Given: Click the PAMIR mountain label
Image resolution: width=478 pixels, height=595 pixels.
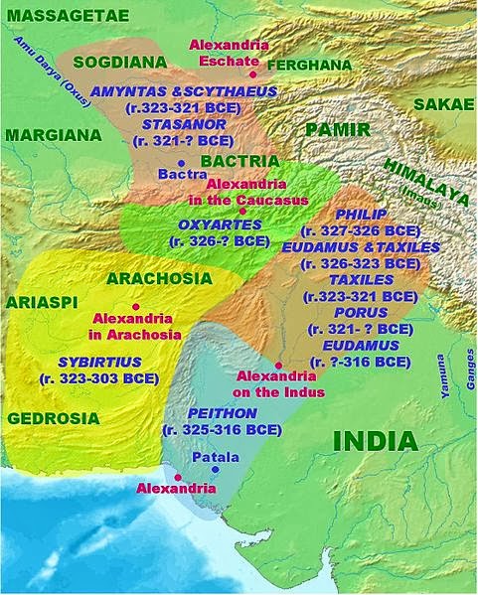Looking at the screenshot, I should point(337,130).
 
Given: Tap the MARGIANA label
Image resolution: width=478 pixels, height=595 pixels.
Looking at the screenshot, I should point(51,133).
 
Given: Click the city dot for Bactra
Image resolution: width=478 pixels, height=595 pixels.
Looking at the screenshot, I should point(182,161).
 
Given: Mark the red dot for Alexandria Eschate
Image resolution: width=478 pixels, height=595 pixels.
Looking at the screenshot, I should point(253,74).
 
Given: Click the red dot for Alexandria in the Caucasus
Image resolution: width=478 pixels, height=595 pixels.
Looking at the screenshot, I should point(241,211).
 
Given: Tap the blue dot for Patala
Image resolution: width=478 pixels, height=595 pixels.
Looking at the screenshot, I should point(189,457).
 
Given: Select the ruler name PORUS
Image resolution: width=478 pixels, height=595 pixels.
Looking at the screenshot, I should point(361,311).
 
